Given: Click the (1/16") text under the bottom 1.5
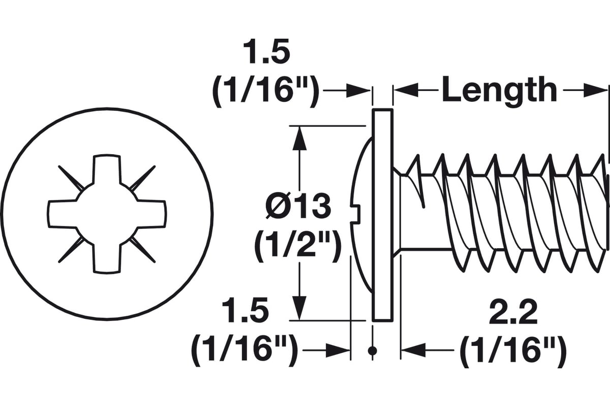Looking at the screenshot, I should [245, 350].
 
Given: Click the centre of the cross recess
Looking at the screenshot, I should [107, 214].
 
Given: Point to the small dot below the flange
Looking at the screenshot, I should [373, 351].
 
